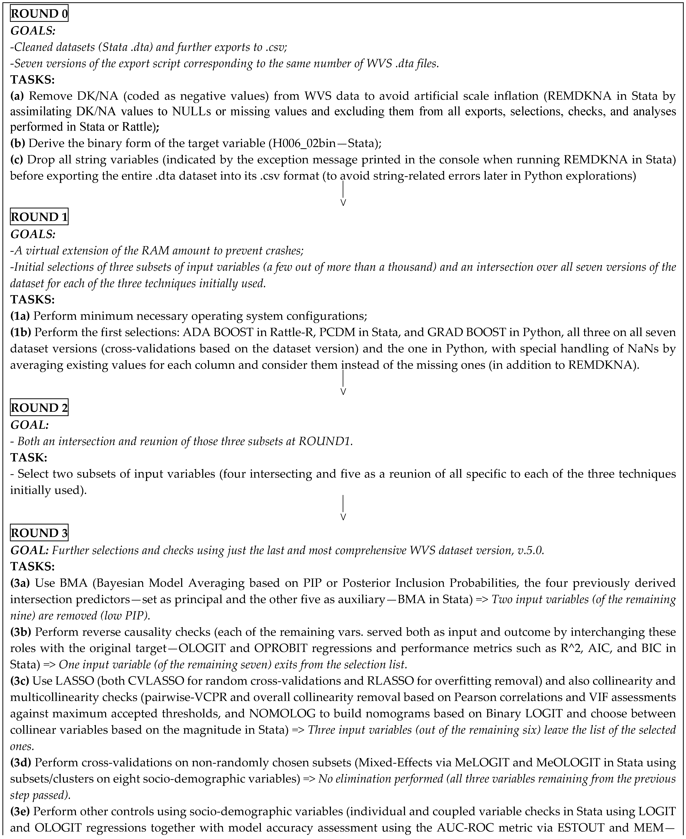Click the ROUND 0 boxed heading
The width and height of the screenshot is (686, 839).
coord(39,14)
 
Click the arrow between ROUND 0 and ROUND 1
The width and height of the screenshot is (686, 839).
coord(343,194)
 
